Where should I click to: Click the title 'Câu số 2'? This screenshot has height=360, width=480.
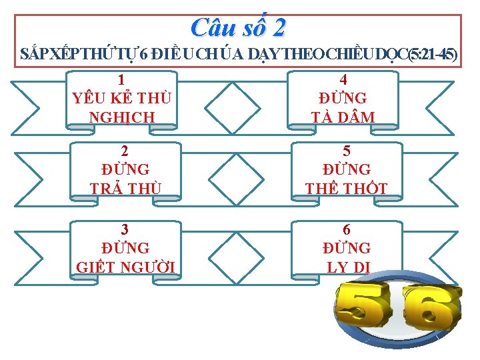pyautogui.click(x=238, y=27)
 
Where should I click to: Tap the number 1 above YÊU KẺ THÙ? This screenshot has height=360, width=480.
pyautogui.click(x=121, y=79)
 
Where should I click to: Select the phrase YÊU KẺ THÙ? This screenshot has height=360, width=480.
pyautogui.click(x=121, y=98)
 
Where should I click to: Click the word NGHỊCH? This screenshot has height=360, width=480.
pyautogui.click(x=121, y=117)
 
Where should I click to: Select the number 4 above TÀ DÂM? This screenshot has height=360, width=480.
pyautogui.click(x=343, y=79)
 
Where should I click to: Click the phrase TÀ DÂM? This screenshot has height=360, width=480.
pyautogui.click(x=343, y=117)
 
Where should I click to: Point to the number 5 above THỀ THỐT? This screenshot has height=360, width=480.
pyautogui.click(x=346, y=151)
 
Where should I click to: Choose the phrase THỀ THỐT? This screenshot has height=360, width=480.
pyautogui.click(x=346, y=188)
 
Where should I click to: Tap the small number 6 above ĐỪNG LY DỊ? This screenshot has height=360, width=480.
pyautogui.click(x=346, y=229)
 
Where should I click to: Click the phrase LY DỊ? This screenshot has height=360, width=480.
pyautogui.click(x=346, y=267)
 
